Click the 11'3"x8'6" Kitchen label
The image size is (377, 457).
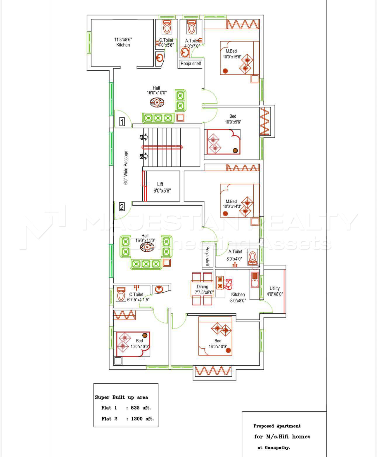[x=123, y=42]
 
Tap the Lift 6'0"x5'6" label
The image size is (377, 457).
[x=162, y=187]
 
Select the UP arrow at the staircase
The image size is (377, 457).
[x=143, y=137]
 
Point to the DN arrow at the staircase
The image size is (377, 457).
[x=143, y=156]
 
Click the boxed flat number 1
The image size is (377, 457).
[x=122, y=122]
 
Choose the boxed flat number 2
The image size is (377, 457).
[x=122, y=207]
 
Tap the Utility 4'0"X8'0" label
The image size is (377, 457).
[x=275, y=291]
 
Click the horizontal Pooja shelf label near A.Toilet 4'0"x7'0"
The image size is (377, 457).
[x=191, y=63]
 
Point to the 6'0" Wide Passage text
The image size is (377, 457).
[x=126, y=168]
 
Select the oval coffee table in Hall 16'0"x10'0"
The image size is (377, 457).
[x=157, y=102]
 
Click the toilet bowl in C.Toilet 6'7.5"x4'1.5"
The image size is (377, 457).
[x=121, y=294]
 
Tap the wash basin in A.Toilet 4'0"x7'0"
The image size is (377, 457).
[x=185, y=52]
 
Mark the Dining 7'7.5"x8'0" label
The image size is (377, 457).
[x=204, y=289]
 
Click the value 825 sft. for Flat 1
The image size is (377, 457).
[x=141, y=408]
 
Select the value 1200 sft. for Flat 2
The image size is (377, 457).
[x=142, y=419]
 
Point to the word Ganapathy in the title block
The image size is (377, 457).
[x=277, y=448]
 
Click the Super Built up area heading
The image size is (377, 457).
[x=121, y=397]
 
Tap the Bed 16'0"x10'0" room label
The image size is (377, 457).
[x=218, y=344]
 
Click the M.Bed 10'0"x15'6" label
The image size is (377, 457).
[x=232, y=54]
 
